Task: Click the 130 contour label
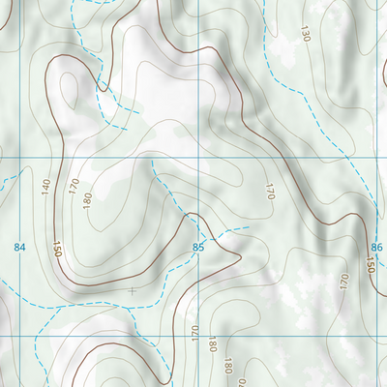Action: [x=306, y=34]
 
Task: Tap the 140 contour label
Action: [x=45, y=186]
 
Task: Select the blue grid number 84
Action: [x=19, y=248]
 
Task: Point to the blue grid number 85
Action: [x=198, y=248]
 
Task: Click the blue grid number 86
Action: [x=376, y=248]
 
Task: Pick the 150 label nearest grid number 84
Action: [x=57, y=249]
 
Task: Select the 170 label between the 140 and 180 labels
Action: [x=74, y=186]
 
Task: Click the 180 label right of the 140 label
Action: [x=87, y=200]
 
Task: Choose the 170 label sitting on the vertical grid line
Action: [x=196, y=335]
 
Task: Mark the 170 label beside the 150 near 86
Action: [x=344, y=282]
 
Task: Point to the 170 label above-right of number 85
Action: [x=270, y=191]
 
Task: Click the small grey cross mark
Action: [x=132, y=289]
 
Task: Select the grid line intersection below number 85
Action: [x=198, y=335]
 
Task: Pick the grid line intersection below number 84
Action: [x=19, y=335]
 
